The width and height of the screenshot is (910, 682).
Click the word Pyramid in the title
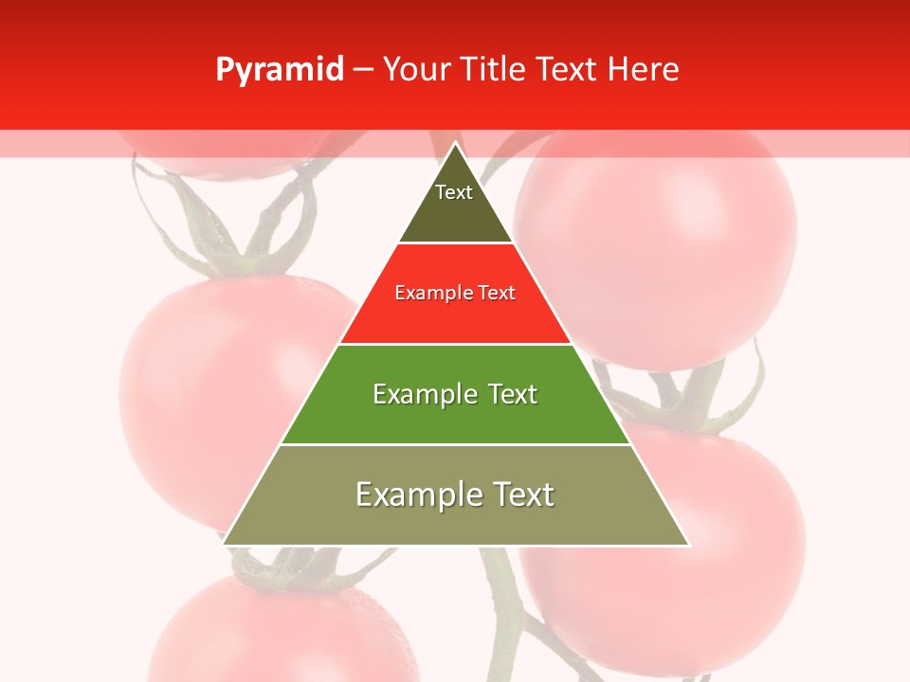tap(280, 70)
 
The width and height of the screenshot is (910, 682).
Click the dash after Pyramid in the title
tap(363, 70)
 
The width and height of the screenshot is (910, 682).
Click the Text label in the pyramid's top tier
tap(454, 192)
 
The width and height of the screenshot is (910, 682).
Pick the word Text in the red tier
tap(497, 293)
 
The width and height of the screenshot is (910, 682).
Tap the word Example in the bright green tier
tap(423, 394)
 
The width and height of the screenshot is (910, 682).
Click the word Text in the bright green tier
tap(513, 394)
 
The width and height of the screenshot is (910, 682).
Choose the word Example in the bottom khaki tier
tap(414, 494)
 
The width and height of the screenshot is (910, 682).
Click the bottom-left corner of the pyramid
tap(224, 545)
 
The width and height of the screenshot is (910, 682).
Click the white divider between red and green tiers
tap(455, 344)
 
